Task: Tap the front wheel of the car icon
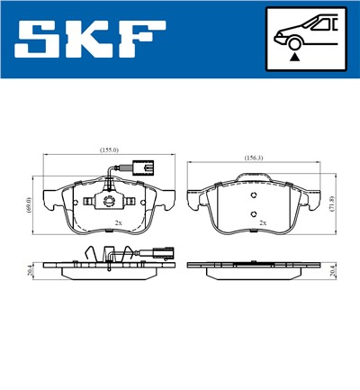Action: pos(293,41)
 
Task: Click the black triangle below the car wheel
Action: pos(293,57)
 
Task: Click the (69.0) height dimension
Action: pos(30,205)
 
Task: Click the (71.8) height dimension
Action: pos(332,206)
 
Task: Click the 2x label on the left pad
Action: pos(118,222)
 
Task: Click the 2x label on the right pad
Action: pos(263,222)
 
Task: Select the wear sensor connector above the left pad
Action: pos(138,166)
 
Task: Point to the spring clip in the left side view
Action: pos(89,256)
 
